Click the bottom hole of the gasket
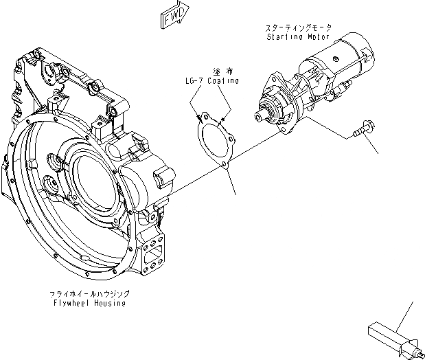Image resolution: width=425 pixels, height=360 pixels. (224, 164)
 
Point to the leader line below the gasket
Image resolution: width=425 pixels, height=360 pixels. (231, 182)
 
